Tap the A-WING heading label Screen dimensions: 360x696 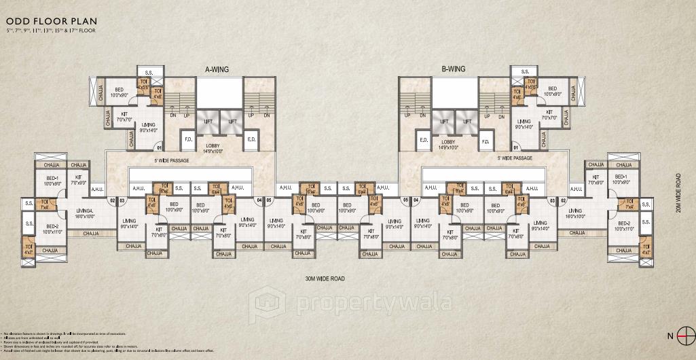pyautogui.click(x=217, y=69)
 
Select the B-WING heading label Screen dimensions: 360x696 pyautogui.click(x=452, y=69)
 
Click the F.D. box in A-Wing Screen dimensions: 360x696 pyautogui.click(x=189, y=141)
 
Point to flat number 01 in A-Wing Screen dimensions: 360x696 pyautogui.click(x=159, y=147)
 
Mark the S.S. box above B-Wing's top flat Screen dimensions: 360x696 pyautogui.click(x=524, y=71)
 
